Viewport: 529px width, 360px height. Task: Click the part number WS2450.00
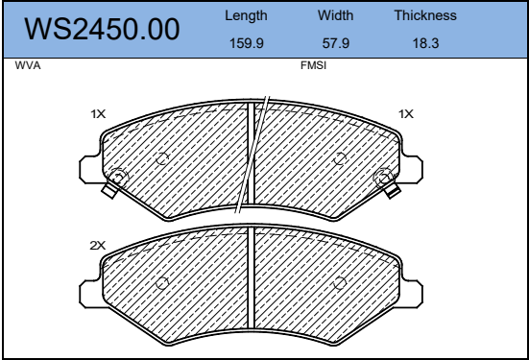point(102,30)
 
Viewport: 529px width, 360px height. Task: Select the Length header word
point(246,16)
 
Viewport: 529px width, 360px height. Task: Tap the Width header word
point(335,15)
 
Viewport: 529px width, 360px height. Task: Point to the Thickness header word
point(425,15)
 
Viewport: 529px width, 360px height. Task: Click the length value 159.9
point(247,43)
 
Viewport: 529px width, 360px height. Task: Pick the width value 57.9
point(336,43)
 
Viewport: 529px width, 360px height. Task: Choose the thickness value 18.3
point(425,43)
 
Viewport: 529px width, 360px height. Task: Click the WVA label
point(28,65)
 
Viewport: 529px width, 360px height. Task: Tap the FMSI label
point(313,65)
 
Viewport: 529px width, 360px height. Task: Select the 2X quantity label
point(98,246)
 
